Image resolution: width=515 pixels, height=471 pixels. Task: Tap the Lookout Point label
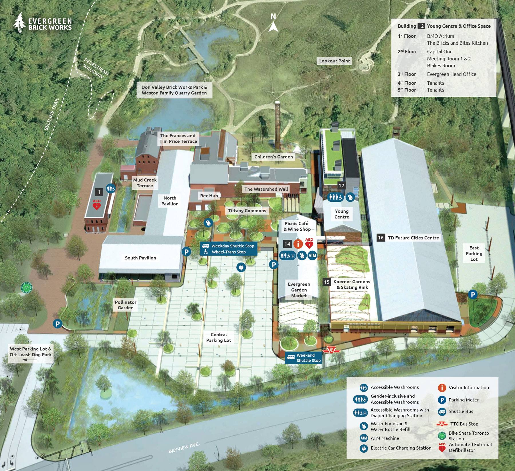pos(334,61)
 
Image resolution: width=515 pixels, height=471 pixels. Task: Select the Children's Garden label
pos(274,157)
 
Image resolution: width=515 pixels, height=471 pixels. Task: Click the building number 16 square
pos(381,238)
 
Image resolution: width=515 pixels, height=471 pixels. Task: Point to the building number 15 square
pos(326,282)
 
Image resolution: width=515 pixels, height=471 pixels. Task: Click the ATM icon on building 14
pos(312,255)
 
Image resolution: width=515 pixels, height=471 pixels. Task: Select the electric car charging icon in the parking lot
pos(241,267)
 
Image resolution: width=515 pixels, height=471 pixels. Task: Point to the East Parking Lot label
pos(474,254)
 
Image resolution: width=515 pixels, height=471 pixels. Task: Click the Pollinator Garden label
pos(126,305)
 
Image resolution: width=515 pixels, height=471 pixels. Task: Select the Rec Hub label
pos(209,196)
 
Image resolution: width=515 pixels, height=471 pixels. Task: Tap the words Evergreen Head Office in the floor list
pos(451,74)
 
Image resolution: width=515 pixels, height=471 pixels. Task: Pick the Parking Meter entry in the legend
pos(463,400)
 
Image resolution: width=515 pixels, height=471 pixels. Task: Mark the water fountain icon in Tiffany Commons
pos(208,223)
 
